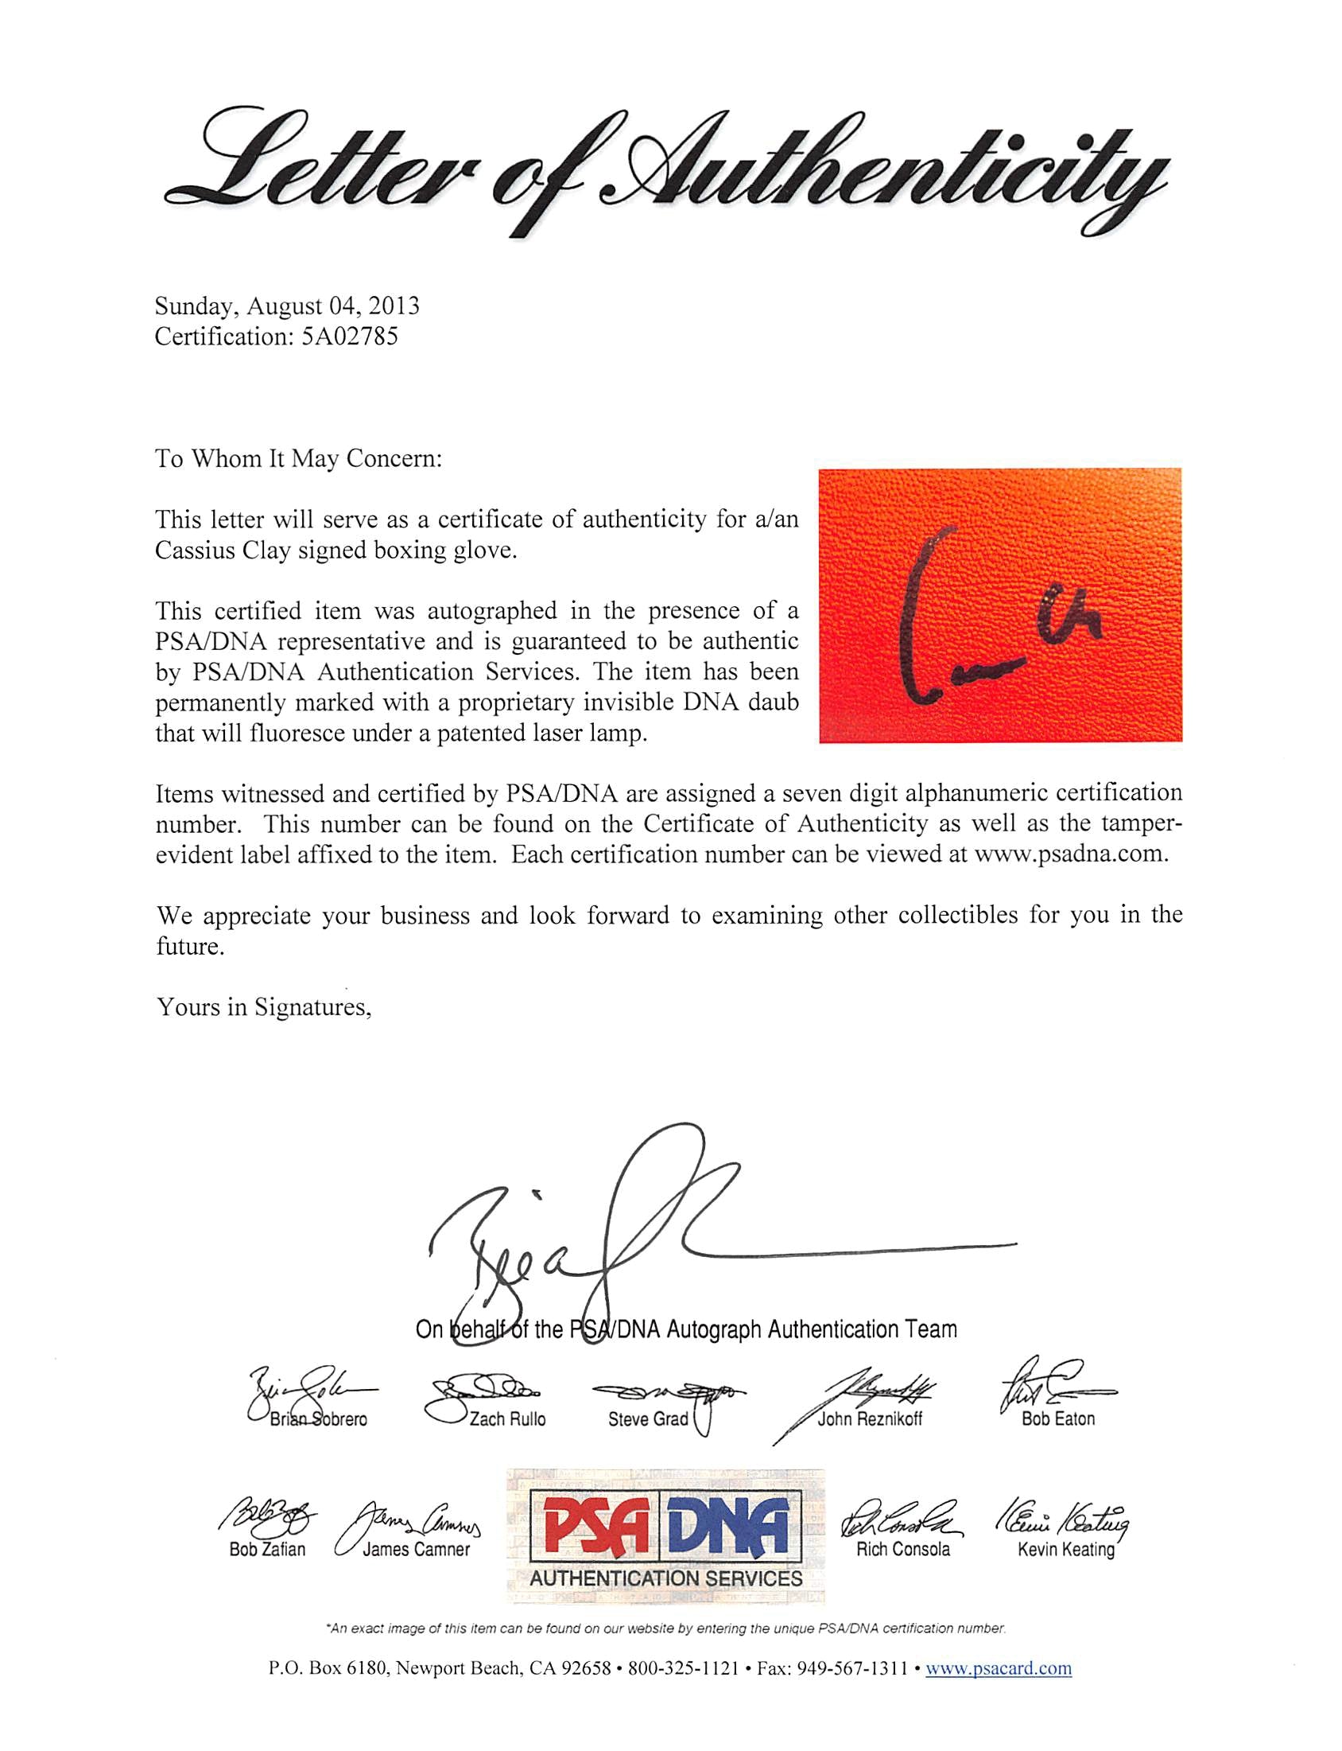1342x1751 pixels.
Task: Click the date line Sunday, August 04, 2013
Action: [287, 306]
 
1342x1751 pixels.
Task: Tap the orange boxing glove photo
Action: [1000, 605]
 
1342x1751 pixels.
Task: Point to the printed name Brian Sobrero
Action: [318, 1420]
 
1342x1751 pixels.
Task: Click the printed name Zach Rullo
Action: [507, 1419]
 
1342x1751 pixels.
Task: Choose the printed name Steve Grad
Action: [648, 1419]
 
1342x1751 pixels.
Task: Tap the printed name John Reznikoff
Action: [870, 1419]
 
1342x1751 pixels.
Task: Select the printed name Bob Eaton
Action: [1058, 1419]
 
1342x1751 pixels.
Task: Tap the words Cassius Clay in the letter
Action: [222, 551]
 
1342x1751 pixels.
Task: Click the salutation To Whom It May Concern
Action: [298, 459]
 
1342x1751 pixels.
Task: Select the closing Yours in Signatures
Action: [265, 1007]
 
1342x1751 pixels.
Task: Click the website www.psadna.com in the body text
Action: [1070, 854]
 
